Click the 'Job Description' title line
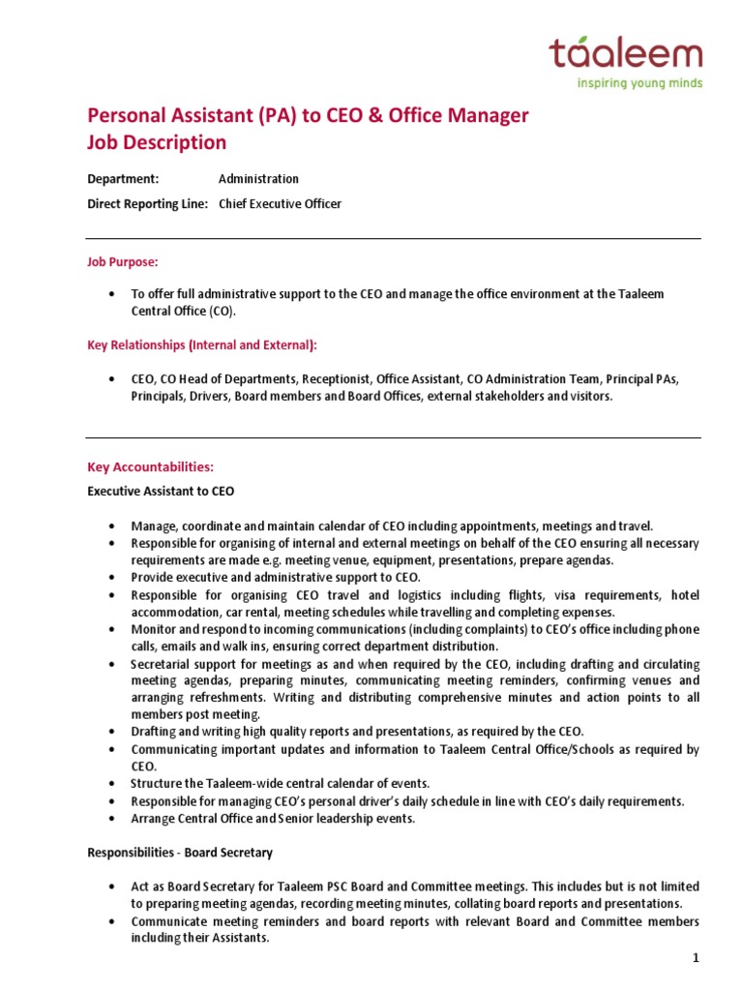coord(157,142)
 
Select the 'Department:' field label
coord(123,179)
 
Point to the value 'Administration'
coord(258,179)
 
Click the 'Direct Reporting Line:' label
coord(148,204)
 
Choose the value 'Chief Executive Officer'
coord(280,204)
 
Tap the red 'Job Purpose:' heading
coord(123,262)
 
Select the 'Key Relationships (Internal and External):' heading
coord(202,345)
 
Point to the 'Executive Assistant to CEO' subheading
coord(161,492)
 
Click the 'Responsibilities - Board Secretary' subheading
coord(180,853)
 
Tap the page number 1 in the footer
coord(695,958)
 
